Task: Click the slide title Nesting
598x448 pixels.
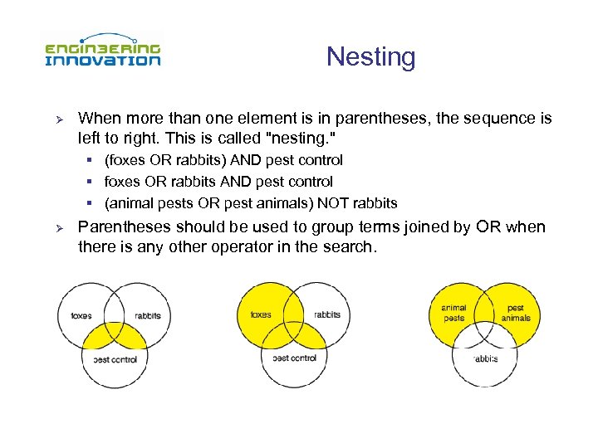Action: pyautogui.click(x=370, y=57)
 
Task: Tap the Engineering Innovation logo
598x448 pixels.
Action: pyautogui.click(x=102, y=54)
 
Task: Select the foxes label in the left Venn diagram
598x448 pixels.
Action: pyautogui.click(x=81, y=316)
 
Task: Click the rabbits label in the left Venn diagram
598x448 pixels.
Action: pyautogui.click(x=147, y=316)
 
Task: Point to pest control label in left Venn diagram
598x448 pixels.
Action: pyautogui.click(x=115, y=360)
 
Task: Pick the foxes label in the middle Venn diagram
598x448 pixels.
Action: pyautogui.click(x=261, y=315)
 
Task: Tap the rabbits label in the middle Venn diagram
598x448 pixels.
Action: pyautogui.click(x=327, y=315)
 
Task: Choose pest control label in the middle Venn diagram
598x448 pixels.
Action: pyautogui.click(x=294, y=358)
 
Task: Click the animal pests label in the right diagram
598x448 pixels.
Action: pyautogui.click(x=453, y=313)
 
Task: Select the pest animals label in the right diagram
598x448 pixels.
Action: pyautogui.click(x=516, y=313)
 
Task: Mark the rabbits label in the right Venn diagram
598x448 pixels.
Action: pyautogui.click(x=485, y=359)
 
